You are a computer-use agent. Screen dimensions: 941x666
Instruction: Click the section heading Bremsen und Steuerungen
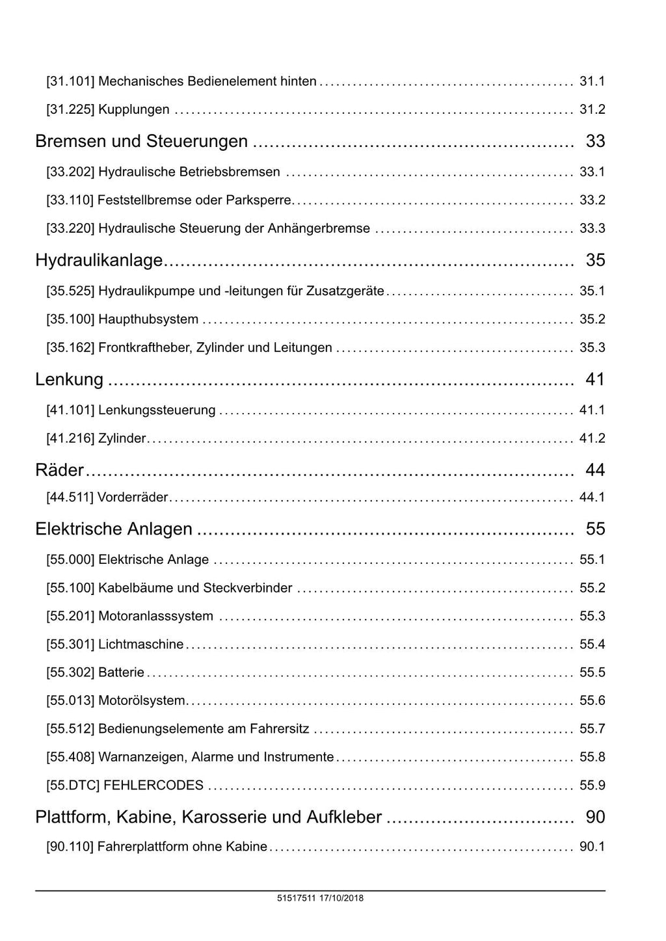tap(142, 141)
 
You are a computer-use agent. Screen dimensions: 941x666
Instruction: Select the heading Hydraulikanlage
tap(99, 260)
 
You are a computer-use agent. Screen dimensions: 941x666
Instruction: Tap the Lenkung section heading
tap(70, 379)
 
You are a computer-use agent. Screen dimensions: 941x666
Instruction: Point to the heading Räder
tap(60, 470)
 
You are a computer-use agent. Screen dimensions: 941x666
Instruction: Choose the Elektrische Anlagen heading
tap(114, 529)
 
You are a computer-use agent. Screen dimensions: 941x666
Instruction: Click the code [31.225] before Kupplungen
tap(70, 109)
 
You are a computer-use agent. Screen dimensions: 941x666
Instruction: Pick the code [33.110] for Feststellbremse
tap(70, 200)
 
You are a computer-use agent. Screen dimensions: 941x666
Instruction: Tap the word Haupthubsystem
tap(148, 319)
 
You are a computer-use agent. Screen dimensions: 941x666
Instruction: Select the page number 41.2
tap(592, 438)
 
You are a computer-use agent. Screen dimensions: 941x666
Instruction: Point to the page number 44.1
tap(592, 497)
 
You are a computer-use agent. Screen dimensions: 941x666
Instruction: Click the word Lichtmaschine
tap(141, 644)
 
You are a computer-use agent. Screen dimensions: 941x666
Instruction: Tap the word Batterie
tap(122, 672)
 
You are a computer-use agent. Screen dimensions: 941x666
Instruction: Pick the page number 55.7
tap(592, 729)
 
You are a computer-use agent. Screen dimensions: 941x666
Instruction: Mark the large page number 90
tap(595, 817)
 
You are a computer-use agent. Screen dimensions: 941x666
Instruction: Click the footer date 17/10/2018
tap(342, 898)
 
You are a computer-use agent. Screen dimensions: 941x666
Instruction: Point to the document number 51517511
tap(296, 898)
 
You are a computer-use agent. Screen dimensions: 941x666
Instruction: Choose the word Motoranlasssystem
tap(155, 616)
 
